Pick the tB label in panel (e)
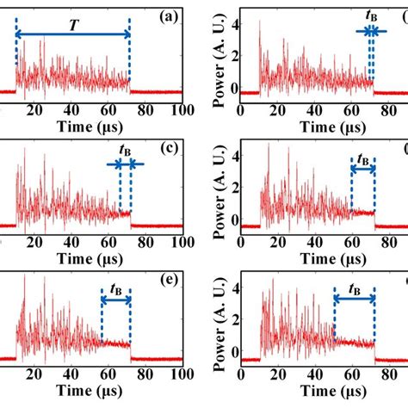pos(114,285)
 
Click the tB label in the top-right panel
pos(371,15)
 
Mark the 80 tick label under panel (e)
pos(145,376)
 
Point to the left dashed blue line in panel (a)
pos(16,60)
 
